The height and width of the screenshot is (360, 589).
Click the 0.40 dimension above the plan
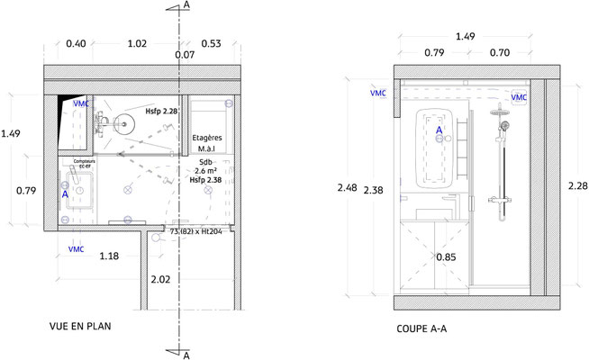click(77, 43)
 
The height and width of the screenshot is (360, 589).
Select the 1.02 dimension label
click(138, 43)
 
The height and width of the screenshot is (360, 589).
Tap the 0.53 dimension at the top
click(213, 43)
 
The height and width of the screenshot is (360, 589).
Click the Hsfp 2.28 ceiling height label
click(162, 109)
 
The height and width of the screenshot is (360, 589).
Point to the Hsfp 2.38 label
click(206, 179)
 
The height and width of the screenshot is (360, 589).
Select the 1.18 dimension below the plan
click(110, 256)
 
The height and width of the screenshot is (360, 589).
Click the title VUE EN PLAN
click(81, 327)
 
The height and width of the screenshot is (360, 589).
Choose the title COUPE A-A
click(421, 328)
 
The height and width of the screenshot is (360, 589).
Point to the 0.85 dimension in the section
click(445, 257)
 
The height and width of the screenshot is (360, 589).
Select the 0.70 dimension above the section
click(501, 53)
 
